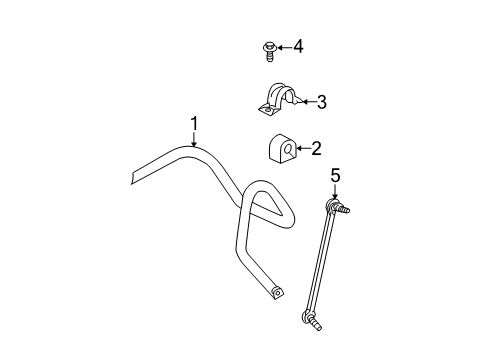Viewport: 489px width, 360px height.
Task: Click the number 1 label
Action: tap(195, 123)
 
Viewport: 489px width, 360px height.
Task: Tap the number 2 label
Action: tap(315, 149)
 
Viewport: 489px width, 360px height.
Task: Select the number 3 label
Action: tap(321, 101)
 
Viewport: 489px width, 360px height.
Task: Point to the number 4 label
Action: tap(296, 46)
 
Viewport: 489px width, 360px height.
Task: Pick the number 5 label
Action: tap(336, 176)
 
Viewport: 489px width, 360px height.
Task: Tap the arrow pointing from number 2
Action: tap(299, 150)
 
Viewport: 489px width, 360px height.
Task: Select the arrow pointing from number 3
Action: tap(305, 101)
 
